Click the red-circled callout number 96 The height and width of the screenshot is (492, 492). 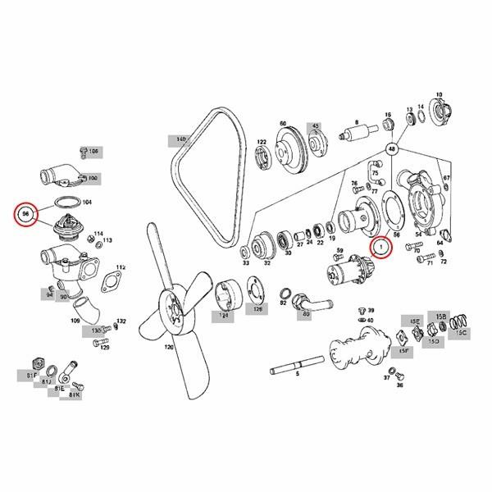coord(26,214)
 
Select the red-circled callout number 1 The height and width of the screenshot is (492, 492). coord(380,245)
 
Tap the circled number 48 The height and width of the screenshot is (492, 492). coord(393,149)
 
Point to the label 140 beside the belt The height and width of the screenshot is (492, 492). coord(180,139)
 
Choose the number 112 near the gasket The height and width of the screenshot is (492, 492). coord(121,267)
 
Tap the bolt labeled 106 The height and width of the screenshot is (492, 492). coord(82,152)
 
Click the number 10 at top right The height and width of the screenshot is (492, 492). coord(439,95)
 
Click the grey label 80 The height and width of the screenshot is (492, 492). coord(307,313)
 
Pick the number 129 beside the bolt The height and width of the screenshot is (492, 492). coord(105,347)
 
